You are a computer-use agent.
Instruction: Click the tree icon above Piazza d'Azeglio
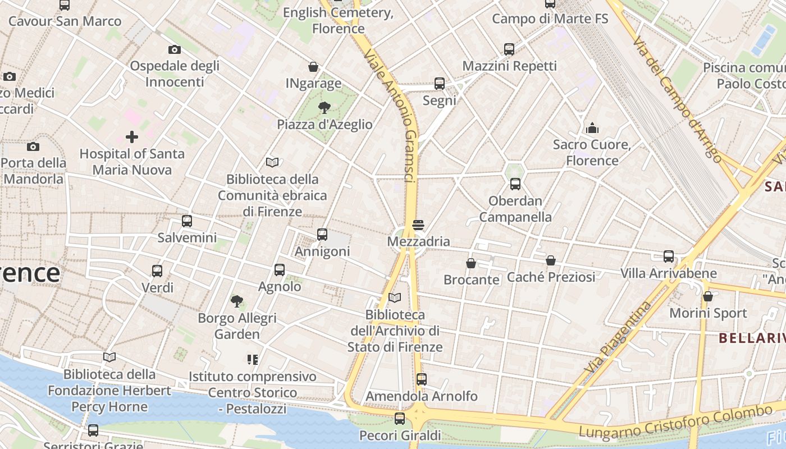point(324,107)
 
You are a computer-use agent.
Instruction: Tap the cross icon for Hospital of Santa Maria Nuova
point(132,136)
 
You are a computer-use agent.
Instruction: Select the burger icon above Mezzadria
point(418,225)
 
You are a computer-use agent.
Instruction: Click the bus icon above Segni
point(440,84)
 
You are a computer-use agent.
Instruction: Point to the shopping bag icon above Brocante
point(471,263)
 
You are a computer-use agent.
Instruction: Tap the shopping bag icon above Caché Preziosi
point(551,260)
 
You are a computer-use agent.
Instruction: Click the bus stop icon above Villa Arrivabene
point(669,256)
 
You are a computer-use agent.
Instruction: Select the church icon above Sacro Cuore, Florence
point(592,128)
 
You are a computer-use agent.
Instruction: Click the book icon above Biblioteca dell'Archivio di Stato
point(395,297)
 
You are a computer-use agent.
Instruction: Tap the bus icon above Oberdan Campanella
point(515,184)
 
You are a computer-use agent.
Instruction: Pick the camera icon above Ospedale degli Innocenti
point(175,49)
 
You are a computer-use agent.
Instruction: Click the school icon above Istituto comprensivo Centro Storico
point(252,359)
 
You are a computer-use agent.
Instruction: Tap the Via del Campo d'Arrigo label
point(677,99)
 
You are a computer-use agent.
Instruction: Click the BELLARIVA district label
point(752,338)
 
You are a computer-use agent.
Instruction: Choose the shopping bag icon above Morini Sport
point(708,296)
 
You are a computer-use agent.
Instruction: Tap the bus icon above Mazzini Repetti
point(509,49)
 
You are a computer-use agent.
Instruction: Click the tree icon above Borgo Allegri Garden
point(237,301)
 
